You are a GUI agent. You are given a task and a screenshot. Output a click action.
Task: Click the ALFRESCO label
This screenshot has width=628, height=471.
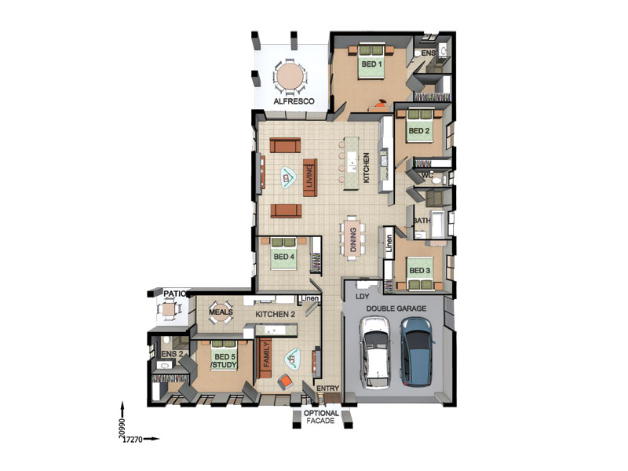coord(294,102)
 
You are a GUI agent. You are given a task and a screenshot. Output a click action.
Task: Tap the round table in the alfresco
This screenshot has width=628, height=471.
coord(290,77)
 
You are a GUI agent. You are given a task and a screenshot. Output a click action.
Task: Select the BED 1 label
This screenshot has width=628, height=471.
coord(371,64)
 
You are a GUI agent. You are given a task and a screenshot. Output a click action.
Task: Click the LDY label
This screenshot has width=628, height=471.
coord(363,298)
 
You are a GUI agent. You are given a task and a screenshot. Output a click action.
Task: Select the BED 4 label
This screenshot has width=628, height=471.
coord(284,256)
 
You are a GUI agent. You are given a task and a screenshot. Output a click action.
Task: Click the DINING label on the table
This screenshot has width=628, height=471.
coord(353,240)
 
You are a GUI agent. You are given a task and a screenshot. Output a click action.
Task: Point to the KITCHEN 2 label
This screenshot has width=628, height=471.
coord(275,315)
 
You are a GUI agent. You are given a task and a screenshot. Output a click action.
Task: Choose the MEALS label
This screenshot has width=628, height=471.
coord(221,312)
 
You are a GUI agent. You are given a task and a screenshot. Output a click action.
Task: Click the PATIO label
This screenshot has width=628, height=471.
coord(174,294)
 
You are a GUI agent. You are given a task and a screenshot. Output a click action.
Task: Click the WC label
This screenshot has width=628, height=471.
coord(428,176)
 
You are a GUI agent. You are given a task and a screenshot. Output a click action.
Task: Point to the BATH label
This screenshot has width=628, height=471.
coord(421,221)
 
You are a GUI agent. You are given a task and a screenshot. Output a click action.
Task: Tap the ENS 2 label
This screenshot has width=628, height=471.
coord(173,354)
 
